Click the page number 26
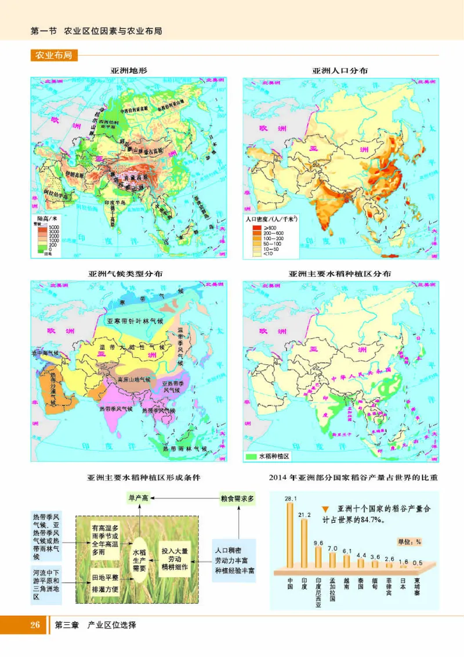(34, 626)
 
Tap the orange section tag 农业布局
(53, 56)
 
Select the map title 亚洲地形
(129, 71)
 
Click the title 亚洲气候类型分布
(125, 274)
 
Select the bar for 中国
(291, 534)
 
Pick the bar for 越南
(347, 561)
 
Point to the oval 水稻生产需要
(141, 558)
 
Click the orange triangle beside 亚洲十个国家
(325, 508)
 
